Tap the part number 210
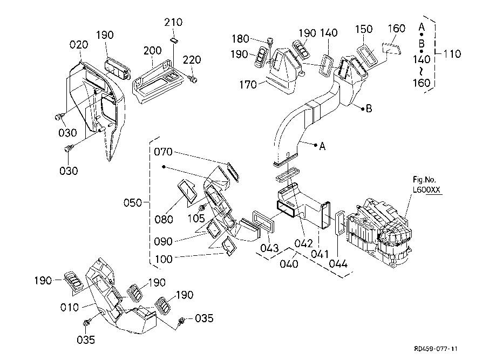(x=174, y=23)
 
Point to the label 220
(x=192, y=59)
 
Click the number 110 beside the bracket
(x=452, y=53)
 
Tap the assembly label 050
(x=132, y=203)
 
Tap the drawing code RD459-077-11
(x=440, y=349)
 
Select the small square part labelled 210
(x=174, y=39)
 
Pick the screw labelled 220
(x=194, y=80)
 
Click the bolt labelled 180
(x=269, y=41)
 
